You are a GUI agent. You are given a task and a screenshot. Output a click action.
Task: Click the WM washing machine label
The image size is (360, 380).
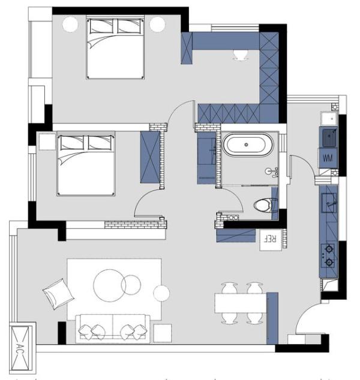point(328,158)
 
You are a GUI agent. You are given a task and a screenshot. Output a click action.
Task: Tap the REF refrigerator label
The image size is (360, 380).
point(271,239)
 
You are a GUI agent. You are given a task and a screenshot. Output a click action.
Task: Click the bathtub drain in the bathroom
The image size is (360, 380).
point(246,144)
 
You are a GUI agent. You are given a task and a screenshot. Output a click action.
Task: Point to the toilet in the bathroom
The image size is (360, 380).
point(263,206)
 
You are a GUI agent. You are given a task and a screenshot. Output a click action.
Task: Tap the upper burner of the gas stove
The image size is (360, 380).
point(329,249)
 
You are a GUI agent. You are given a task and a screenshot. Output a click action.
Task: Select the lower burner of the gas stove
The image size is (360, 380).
point(329,262)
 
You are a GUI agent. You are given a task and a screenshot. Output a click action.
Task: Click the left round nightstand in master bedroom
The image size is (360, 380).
point(70,24)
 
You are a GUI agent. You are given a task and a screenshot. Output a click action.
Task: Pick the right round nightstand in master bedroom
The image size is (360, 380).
point(157,24)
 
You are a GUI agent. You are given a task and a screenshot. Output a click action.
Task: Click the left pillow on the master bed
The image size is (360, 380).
point(101,26)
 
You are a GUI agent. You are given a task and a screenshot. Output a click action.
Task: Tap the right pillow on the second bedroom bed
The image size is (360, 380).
point(100,143)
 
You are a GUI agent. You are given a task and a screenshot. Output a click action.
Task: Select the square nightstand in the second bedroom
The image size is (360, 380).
point(47,141)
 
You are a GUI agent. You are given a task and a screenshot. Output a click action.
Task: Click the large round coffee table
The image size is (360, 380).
point(109,285)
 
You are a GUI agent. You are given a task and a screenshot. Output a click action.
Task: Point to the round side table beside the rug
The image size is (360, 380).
point(161,293)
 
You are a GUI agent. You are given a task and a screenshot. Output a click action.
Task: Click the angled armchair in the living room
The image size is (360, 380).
point(58,294)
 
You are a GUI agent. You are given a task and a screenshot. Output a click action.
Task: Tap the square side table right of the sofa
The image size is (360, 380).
point(163,333)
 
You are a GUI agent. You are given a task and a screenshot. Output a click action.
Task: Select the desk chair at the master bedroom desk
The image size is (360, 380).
point(241,55)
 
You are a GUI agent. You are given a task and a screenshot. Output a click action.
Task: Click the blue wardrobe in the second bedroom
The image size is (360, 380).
point(150,157)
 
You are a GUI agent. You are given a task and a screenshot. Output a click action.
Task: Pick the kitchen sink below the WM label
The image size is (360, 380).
point(329,202)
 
